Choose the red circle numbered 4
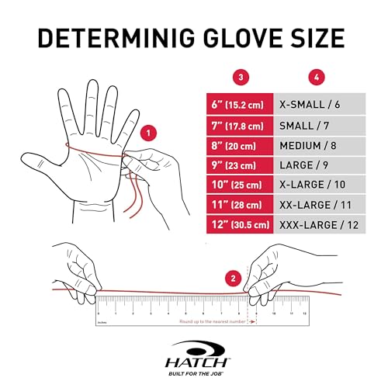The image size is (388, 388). (x=315, y=77)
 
